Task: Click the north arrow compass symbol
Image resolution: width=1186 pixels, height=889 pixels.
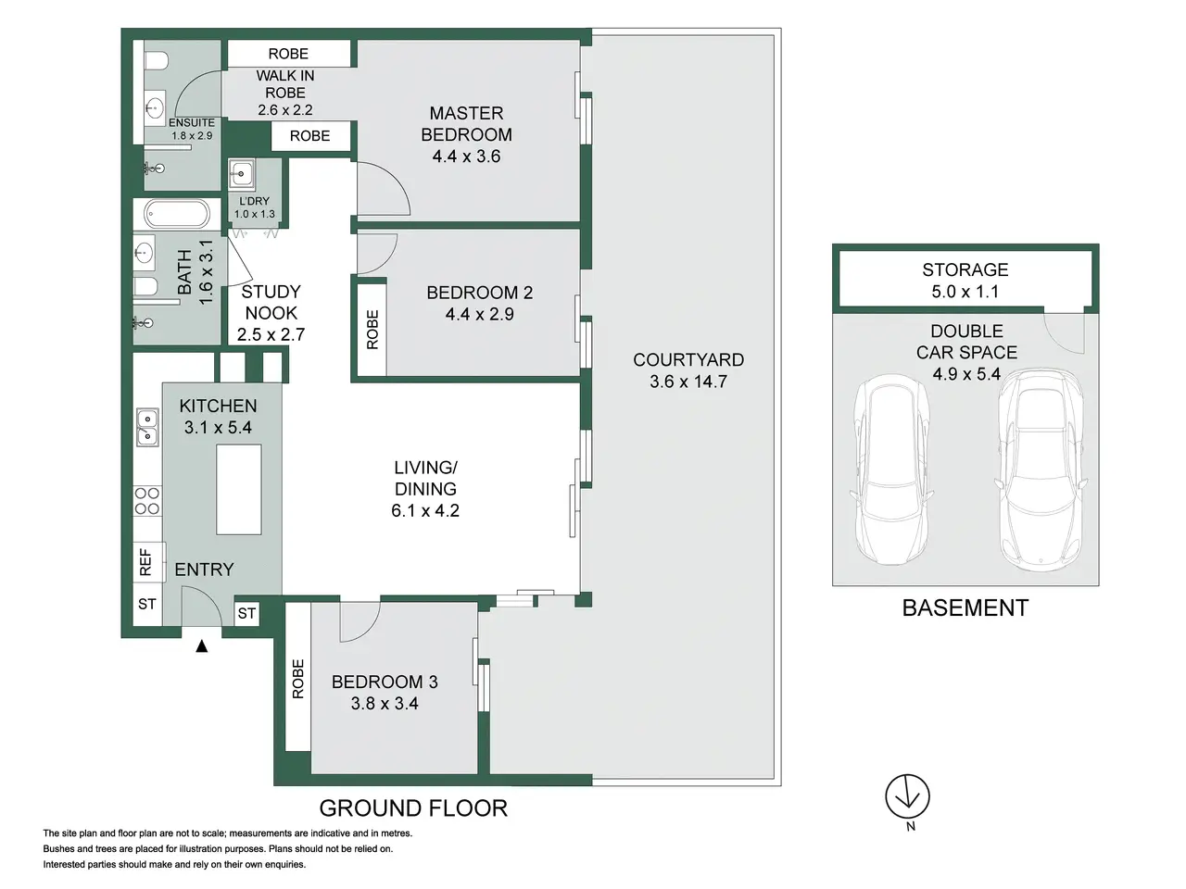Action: point(907,796)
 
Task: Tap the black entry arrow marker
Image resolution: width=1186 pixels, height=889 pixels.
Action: point(202,645)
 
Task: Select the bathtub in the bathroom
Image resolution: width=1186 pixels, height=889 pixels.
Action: point(177,214)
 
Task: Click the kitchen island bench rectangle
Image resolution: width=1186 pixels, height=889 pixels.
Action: point(239,490)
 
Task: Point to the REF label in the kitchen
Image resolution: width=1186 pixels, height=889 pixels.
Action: point(145,562)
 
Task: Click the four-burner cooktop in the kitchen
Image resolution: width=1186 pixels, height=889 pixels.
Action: point(147,500)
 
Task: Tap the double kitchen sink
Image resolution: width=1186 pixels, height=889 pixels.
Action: point(147,427)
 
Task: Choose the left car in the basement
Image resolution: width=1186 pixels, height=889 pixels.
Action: point(891,470)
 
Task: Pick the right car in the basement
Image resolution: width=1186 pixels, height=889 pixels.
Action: point(1041,470)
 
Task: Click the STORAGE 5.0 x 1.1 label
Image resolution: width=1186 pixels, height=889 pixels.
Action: point(965,281)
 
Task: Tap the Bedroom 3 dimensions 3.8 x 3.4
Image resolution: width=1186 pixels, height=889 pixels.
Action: point(385,703)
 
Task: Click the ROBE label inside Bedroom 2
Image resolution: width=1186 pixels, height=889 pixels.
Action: point(372,330)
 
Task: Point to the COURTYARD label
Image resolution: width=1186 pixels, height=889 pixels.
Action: point(688,359)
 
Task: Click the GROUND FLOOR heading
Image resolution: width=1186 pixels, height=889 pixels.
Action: point(413,808)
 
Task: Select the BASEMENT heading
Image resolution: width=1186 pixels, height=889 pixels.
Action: point(965,607)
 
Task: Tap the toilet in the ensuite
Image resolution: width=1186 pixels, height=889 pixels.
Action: point(155,61)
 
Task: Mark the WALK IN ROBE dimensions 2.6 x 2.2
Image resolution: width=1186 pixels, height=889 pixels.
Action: point(284,110)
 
